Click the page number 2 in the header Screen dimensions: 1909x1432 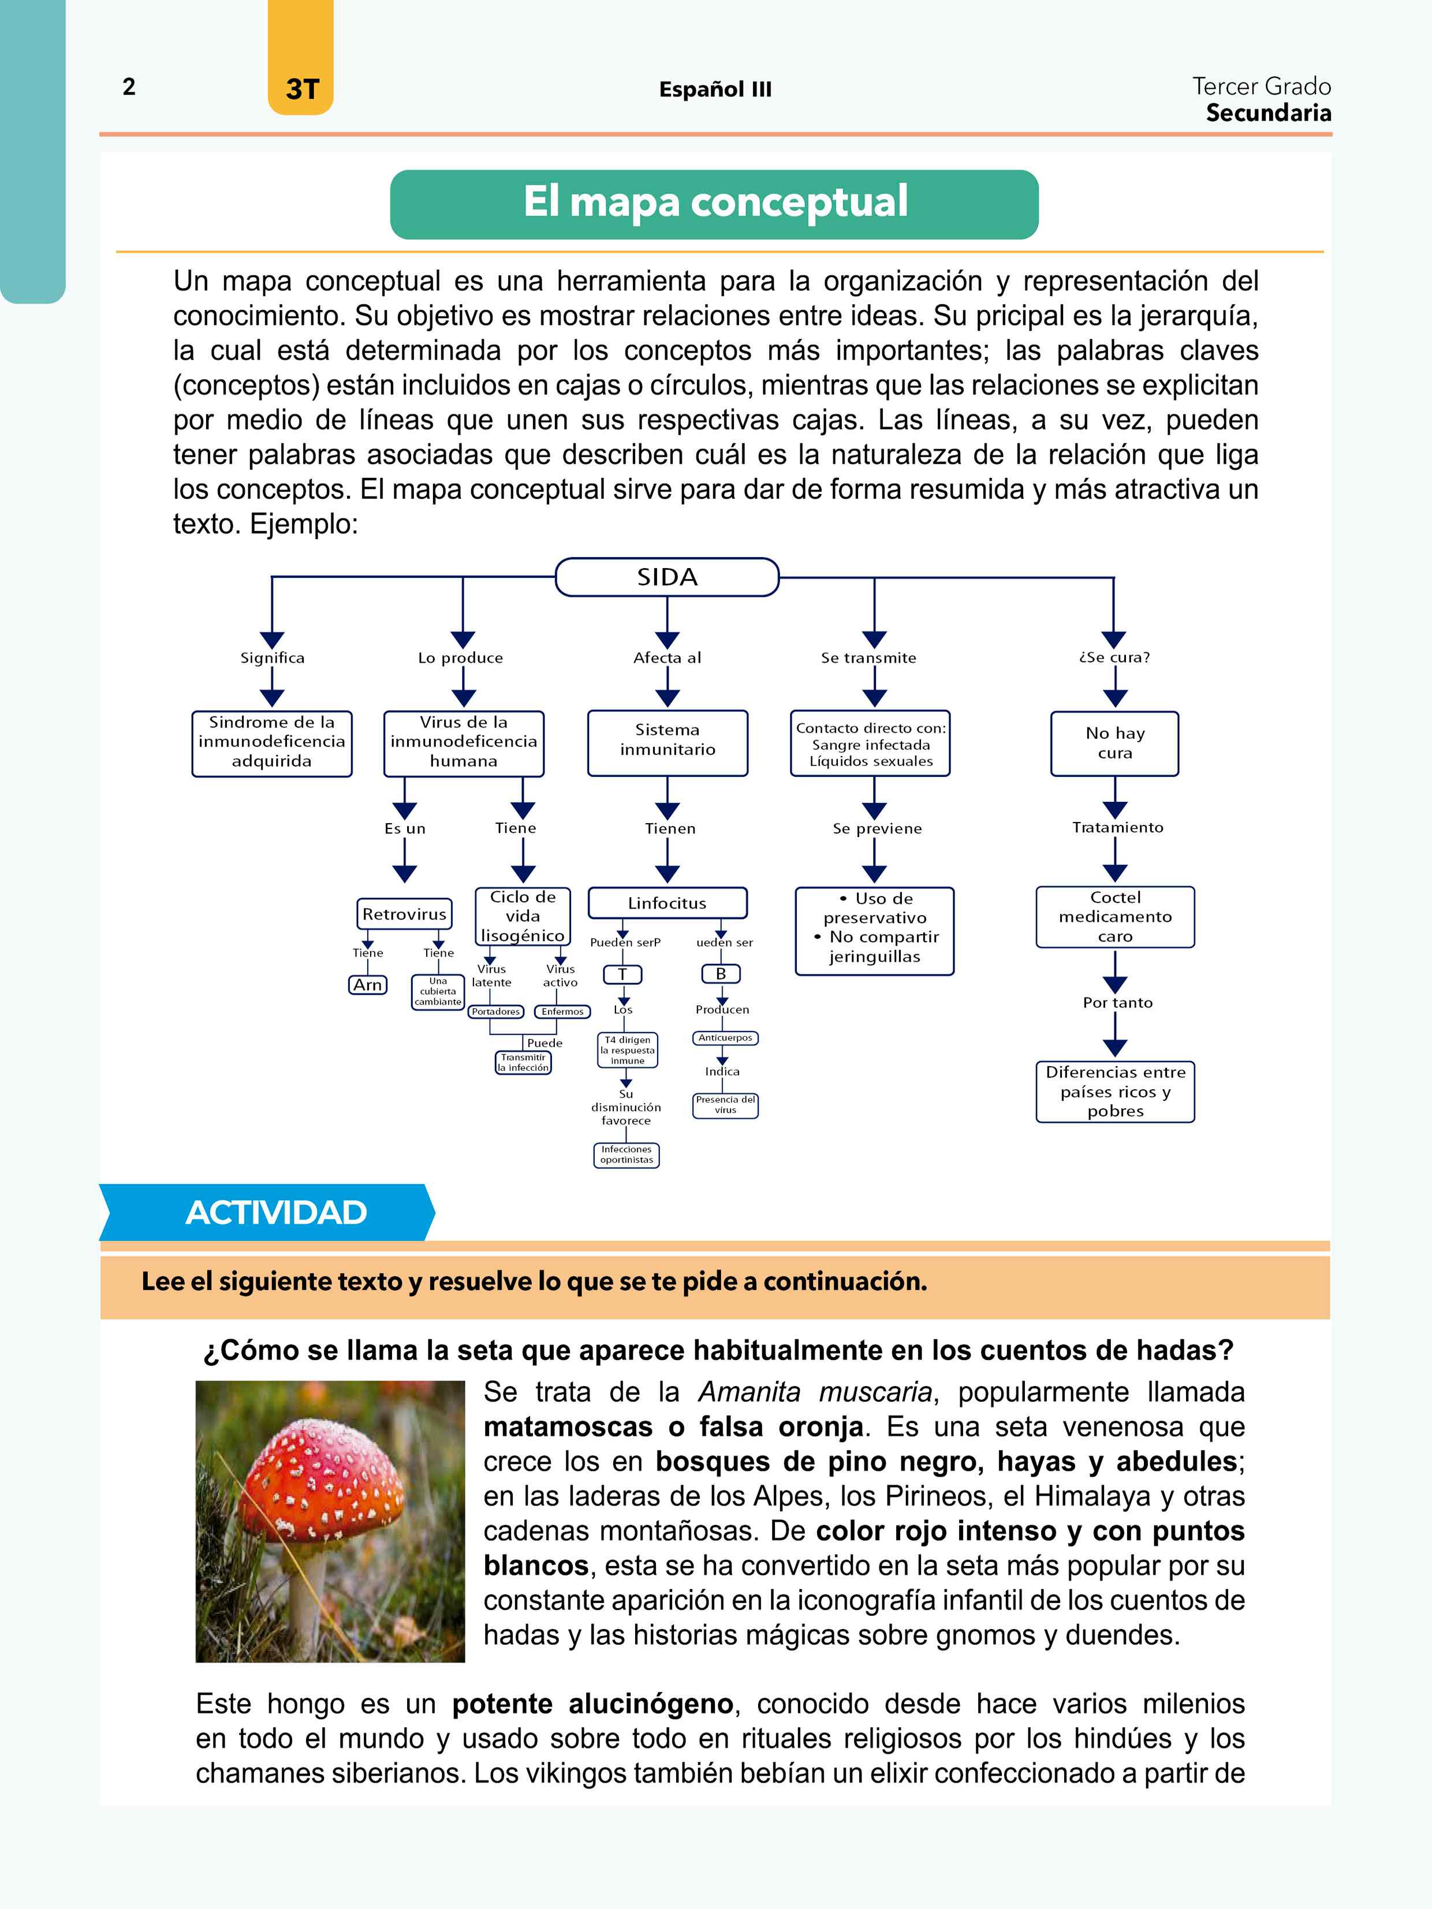(x=129, y=87)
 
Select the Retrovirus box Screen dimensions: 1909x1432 (x=404, y=913)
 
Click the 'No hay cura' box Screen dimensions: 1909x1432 (x=1114, y=743)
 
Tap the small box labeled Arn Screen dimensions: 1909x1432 (x=368, y=985)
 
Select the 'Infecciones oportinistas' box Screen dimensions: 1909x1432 (x=626, y=1155)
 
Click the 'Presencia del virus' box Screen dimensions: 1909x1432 (x=725, y=1105)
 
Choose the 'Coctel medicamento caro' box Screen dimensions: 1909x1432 (x=1115, y=917)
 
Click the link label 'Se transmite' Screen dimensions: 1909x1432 (x=868, y=657)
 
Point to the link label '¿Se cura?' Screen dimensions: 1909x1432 (x=1114, y=657)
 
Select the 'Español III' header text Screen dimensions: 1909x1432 (x=715, y=89)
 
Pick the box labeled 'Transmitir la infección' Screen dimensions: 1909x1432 (x=523, y=1062)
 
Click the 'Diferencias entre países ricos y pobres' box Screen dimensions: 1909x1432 (x=1115, y=1092)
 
